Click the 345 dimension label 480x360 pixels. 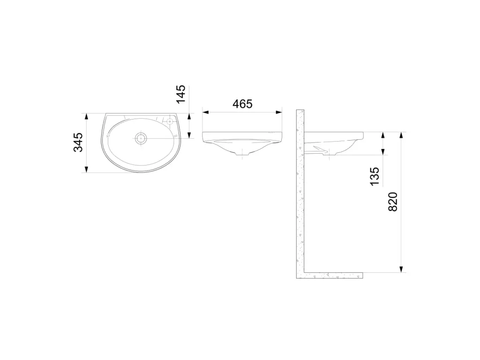click(x=78, y=142)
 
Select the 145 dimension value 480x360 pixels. click(x=180, y=94)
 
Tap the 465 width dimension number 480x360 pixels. click(x=242, y=104)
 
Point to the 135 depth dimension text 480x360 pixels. click(x=375, y=176)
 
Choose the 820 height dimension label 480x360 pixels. click(x=392, y=202)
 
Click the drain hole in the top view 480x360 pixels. click(x=141, y=138)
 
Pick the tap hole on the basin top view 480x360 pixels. click(x=170, y=122)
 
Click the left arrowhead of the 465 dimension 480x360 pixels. click(x=205, y=112)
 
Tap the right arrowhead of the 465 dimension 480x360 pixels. click(x=278, y=112)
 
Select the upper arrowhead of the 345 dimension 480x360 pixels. click(x=87, y=117)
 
